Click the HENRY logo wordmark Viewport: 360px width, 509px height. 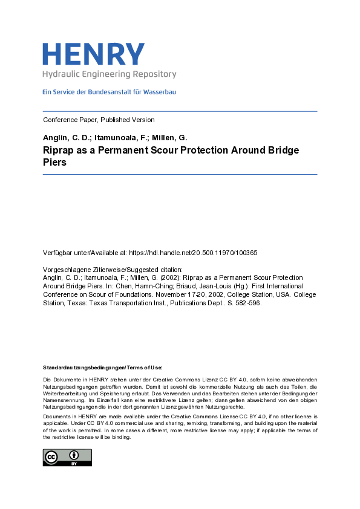(x=93, y=54)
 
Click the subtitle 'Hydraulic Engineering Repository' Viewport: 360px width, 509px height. (x=109, y=74)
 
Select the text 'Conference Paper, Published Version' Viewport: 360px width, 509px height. (x=99, y=120)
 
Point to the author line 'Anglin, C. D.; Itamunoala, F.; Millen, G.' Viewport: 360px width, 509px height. (x=115, y=137)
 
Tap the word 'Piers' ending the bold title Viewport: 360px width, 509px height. (x=54, y=163)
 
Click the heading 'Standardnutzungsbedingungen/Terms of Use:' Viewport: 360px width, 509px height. (x=102, y=368)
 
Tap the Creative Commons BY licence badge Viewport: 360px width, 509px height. (x=67, y=458)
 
